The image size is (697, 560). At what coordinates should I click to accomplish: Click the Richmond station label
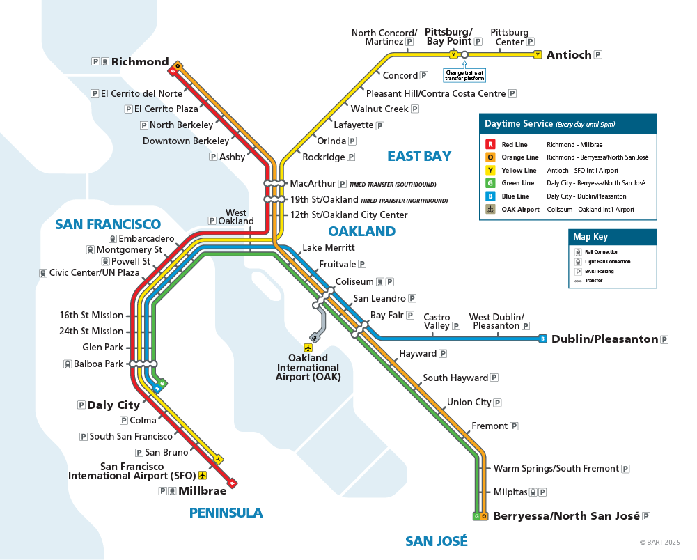(x=140, y=61)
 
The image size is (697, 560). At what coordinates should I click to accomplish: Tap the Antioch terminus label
(x=568, y=54)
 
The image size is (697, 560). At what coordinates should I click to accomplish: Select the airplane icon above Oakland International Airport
(x=308, y=347)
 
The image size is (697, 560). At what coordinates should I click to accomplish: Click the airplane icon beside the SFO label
(x=203, y=475)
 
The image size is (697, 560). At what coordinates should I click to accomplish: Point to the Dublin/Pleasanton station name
(x=604, y=339)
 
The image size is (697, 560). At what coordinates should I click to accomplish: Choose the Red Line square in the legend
(x=490, y=145)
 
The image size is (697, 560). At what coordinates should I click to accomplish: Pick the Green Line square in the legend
(x=490, y=183)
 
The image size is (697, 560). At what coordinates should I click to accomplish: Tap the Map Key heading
(x=590, y=237)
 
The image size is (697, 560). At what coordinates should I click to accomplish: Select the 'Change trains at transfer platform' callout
(x=464, y=75)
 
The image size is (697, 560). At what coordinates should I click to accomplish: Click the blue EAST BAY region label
(x=419, y=156)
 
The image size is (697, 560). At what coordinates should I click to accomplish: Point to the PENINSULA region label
(x=226, y=513)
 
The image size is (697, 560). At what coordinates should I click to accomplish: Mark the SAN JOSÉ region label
(x=437, y=541)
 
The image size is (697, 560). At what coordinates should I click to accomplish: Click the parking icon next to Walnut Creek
(x=415, y=109)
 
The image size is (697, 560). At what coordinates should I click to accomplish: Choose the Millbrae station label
(x=203, y=491)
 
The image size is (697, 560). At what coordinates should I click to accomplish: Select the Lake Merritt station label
(x=328, y=247)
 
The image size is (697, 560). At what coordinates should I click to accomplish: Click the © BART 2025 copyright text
(x=659, y=542)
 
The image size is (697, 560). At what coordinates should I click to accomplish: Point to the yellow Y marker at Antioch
(x=537, y=54)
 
